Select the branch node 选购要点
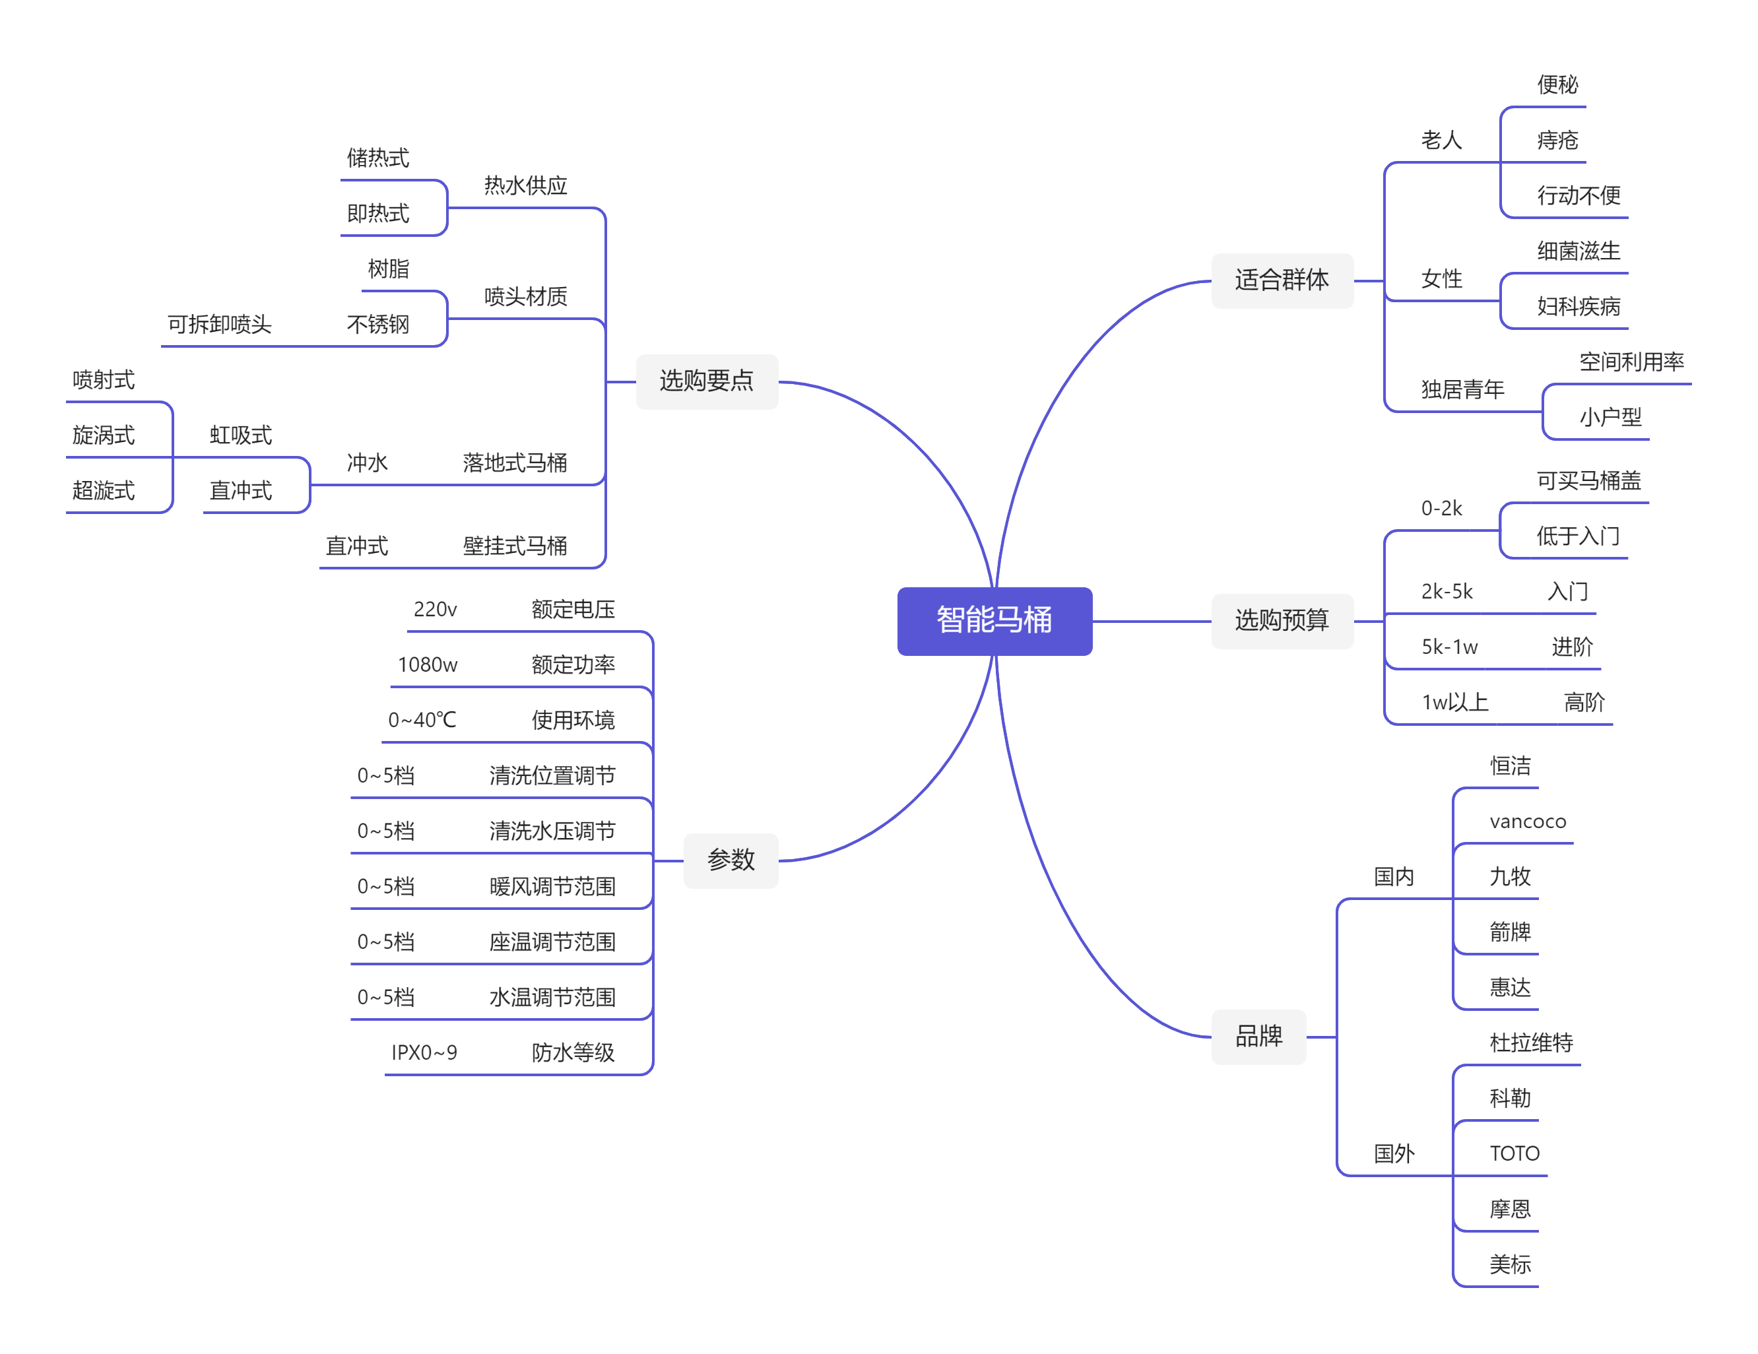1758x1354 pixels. pos(706,381)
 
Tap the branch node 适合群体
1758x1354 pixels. pos(1282,280)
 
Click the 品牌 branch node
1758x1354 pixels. pos(1258,1036)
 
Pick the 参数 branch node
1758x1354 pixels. pos(730,860)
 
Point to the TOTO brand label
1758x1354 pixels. pos(1514,1153)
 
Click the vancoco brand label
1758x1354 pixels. pos(1527,821)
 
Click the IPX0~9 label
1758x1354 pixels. pos(424,1053)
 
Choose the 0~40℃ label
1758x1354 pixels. pos(422,720)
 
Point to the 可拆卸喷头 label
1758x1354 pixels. pos(219,325)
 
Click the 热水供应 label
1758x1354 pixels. pos(525,186)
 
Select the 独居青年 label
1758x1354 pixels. pos(1462,389)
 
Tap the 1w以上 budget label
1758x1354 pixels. pos(1454,703)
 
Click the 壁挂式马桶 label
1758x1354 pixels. pos(514,546)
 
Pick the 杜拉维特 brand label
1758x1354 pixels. pos(1530,1043)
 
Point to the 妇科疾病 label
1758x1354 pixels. pos(1578,307)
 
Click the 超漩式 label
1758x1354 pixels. pos(103,490)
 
